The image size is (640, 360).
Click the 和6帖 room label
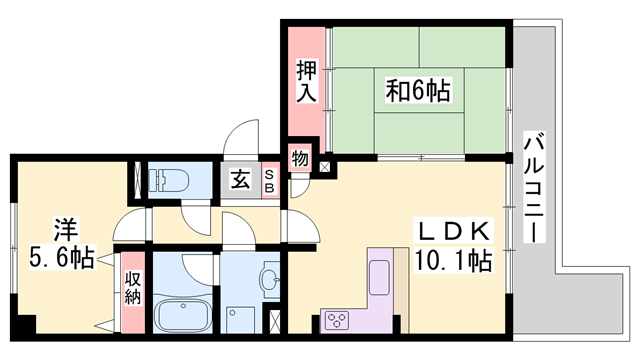[x=418, y=92]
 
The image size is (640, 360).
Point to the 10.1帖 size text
[x=452, y=262]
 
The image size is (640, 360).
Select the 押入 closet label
[x=307, y=81]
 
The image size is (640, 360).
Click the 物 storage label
[x=299, y=158]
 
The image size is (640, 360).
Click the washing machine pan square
[x=241, y=319]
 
